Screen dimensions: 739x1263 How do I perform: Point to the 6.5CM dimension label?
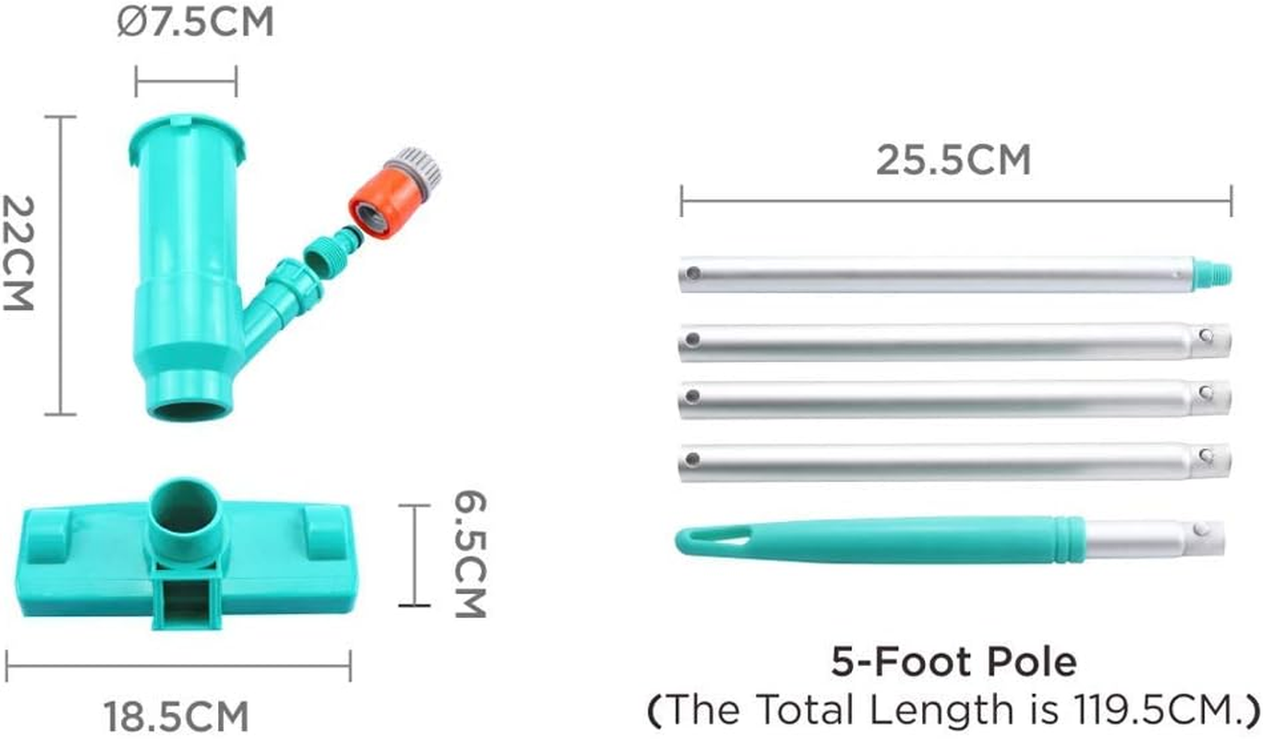pyautogui.click(x=470, y=554)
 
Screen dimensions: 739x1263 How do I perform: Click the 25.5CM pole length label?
pyautogui.click(x=953, y=161)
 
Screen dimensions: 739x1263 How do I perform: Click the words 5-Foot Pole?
pyautogui.click(x=953, y=662)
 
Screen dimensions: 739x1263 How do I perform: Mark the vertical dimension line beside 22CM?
pyautogui.click(x=60, y=266)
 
